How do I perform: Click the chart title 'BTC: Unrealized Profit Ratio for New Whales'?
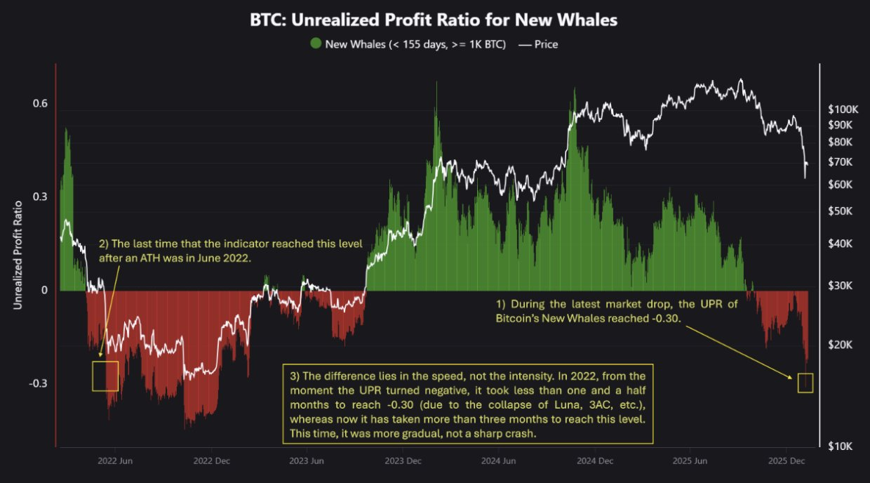click(x=434, y=20)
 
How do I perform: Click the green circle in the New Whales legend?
click(x=316, y=44)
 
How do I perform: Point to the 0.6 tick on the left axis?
click(x=39, y=104)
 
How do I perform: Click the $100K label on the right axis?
click(x=843, y=110)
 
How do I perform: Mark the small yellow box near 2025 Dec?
click(x=805, y=383)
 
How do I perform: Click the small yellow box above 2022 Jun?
click(x=105, y=376)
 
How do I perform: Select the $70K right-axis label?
click(x=841, y=162)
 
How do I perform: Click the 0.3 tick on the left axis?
click(x=39, y=197)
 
